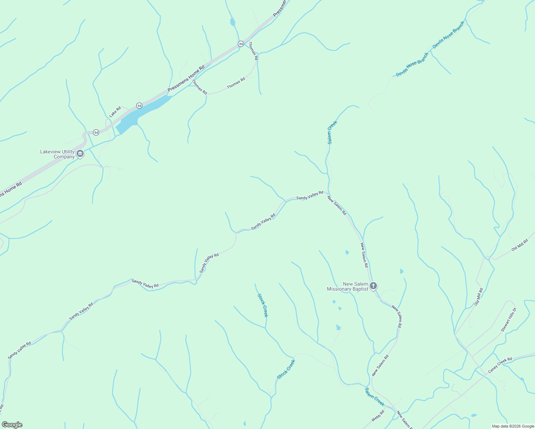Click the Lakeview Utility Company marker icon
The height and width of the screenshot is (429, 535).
[80, 154]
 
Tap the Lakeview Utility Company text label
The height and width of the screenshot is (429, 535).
[57, 154]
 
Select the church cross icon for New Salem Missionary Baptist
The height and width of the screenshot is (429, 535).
[373, 286]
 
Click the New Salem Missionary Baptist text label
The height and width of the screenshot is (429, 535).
[348, 286]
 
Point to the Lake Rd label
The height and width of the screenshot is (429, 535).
[115, 112]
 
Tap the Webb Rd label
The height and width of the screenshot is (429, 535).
[378, 416]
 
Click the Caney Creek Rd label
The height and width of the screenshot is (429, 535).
[500, 365]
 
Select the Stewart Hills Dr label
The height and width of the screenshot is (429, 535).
[509, 320]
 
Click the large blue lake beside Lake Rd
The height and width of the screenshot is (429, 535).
[143, 113]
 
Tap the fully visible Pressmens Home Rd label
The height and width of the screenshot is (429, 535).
[186, 78]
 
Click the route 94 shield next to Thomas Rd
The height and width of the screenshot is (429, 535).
[241, 44]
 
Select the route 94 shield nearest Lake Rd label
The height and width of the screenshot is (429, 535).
[139, 105]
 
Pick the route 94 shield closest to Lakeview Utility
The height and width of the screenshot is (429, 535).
[96, 132]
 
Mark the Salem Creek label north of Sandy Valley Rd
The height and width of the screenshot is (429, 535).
[332, 132]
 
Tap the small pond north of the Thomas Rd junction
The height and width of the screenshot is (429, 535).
[232, 22]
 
